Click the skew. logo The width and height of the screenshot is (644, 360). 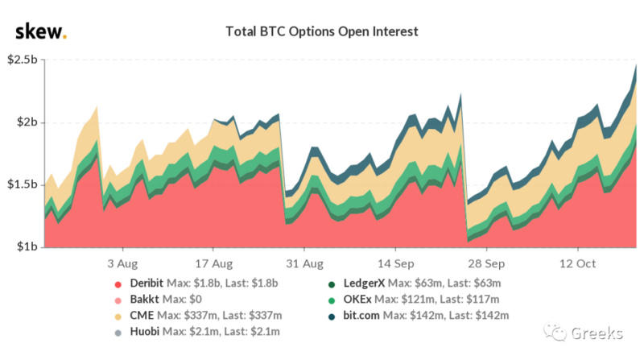tap(41, 31)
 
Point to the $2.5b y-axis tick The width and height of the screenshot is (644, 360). tap(22, 60)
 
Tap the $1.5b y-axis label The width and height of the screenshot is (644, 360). tap(22, 184)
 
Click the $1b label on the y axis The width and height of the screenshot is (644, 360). tap(26, 246)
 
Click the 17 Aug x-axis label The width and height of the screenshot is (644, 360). tap(215, 263)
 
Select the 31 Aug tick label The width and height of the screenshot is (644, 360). tap(305, 263)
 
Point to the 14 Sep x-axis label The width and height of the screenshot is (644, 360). tap(396, 263)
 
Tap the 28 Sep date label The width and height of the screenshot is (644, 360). tap(486, 263)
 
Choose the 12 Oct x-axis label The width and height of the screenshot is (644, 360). tap(576, 263)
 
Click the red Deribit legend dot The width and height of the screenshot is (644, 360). tap(119, 283)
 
